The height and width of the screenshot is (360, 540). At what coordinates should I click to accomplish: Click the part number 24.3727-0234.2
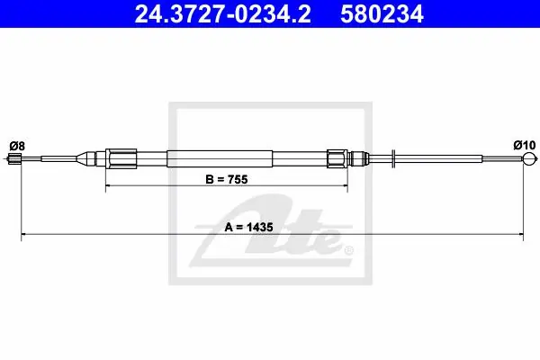coord(222,14)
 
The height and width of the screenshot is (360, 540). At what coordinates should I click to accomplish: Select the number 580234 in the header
coord(382,14)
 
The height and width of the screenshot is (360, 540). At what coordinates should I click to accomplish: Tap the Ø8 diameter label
coord(17,146)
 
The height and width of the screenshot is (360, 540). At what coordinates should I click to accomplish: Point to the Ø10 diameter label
coord(525,145)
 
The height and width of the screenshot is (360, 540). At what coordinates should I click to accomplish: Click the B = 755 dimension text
coord(227,179)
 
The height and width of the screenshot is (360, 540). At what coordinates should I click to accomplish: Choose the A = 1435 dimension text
coord(249,227)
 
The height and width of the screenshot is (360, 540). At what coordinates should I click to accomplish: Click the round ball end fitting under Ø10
coord(529,158)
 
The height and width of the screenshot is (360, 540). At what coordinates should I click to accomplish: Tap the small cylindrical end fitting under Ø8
coord(14,158)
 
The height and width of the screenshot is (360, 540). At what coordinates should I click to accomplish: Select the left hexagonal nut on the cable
coord(121,158)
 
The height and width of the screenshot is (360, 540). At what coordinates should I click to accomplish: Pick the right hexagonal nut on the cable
coord(337,158)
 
